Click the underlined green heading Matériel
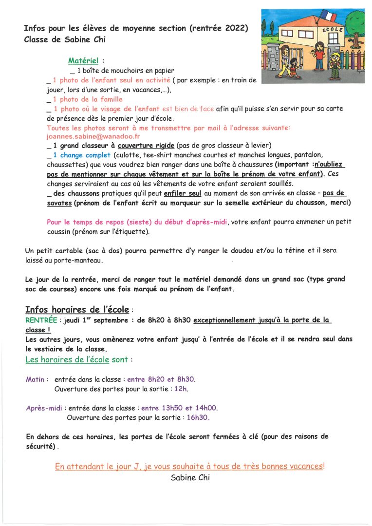point(83,61)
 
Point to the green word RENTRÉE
point(41,320)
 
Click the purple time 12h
point(181,389)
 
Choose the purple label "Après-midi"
point(44,408)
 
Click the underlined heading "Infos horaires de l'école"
point(77,310)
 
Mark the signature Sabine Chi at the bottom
point(190,478)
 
